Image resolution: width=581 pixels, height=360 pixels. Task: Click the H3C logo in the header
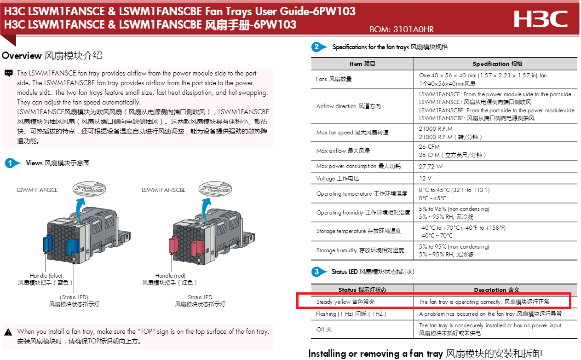point(541,19)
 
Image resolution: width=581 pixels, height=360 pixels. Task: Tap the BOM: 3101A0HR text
point(402,30)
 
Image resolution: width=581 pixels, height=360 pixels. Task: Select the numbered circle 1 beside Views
point(10,163)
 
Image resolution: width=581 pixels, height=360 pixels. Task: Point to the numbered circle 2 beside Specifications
point(316,47)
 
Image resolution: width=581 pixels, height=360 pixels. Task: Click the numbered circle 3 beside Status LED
point(316,272)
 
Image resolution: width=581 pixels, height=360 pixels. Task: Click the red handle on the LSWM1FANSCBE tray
point(174,244)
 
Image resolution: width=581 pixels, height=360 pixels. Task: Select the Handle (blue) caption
point(46,275)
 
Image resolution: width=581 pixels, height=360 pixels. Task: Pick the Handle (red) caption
point(170,275)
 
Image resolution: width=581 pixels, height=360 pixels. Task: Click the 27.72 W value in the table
point(431,166)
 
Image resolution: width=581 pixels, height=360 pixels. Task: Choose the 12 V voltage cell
point(425,178)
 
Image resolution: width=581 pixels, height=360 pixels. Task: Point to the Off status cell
point(324,329)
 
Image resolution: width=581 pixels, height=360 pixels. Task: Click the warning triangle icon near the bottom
point(9,332)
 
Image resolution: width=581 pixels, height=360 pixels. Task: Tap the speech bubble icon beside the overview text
point(9,73)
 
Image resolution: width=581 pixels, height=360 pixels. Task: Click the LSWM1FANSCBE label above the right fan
point(163,190)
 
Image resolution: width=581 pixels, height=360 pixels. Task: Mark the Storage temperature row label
point(359,231)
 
